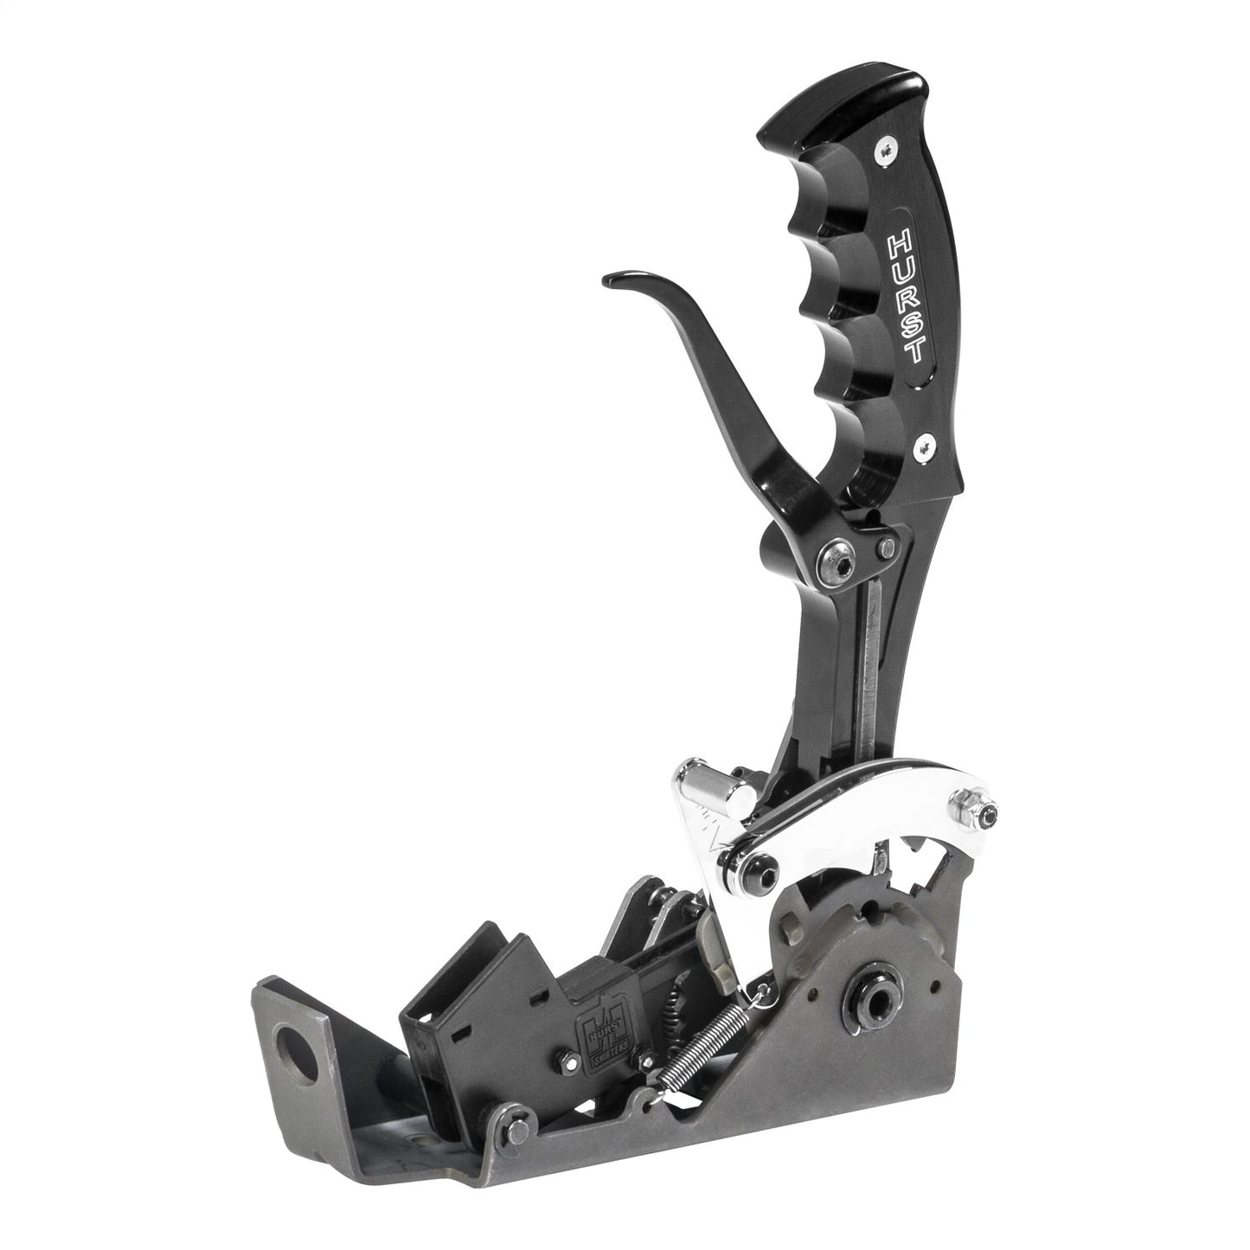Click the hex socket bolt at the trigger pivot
[837, 554]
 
